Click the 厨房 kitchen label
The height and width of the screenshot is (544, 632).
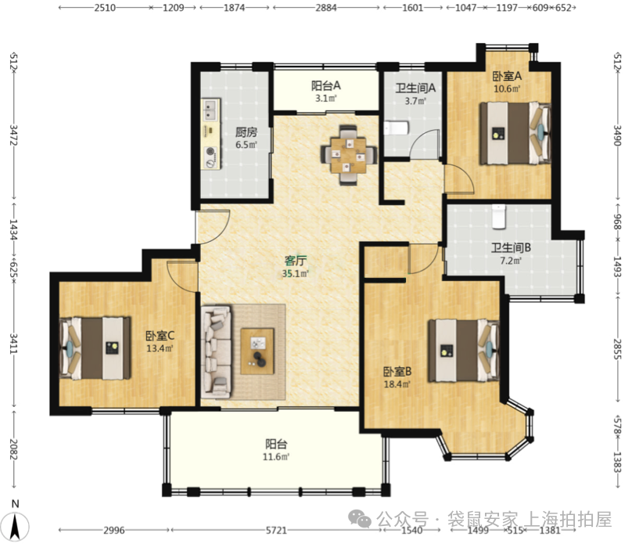coord(246,131)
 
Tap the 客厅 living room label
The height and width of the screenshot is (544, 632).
coord(296,261)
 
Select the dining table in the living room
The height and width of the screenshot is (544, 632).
coord(349,155)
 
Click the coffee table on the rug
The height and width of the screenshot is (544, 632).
coord(257,351)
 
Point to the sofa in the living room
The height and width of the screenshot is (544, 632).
coord(217,350)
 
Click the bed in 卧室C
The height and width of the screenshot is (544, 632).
coord(95,348)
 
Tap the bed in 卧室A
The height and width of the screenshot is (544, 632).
coord(515,133)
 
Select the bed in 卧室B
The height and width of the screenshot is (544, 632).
coord(464,351)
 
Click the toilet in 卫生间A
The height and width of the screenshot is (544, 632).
coord(397,128)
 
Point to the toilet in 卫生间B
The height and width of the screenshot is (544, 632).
coord(499,217)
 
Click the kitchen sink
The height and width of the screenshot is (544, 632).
coord(211,110)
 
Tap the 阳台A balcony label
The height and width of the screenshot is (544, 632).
coord(326,85)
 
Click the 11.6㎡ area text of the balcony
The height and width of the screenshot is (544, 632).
coord(276,457)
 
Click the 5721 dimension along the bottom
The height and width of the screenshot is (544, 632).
coord(276,530)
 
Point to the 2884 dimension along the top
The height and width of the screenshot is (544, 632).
coord(326,8)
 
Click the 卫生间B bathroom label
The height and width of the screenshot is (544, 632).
coord(511,247)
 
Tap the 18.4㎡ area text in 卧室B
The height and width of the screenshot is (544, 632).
coord(397,384)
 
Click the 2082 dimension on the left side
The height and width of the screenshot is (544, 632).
coord(13,449)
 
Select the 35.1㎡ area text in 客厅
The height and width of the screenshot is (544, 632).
coord(296,274)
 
